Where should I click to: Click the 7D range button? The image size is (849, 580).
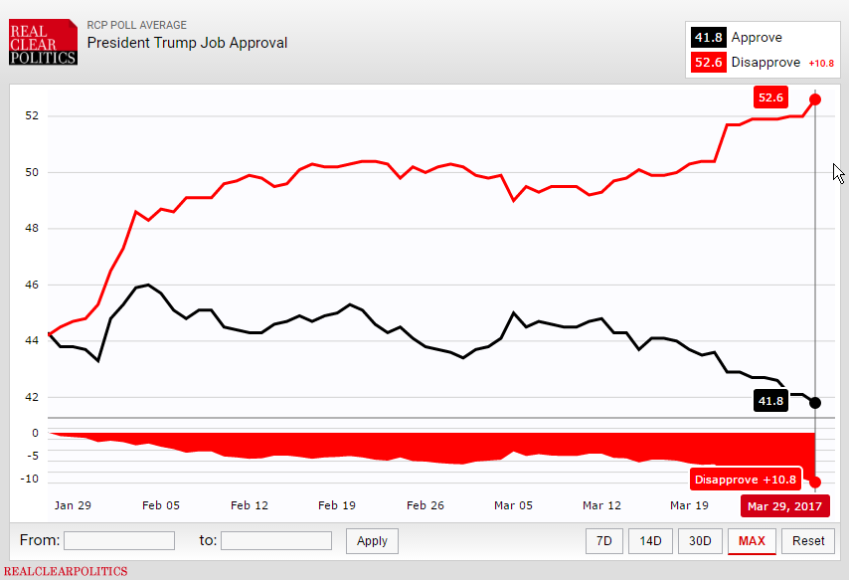[603, 540]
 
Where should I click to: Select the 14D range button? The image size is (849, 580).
[650, 540]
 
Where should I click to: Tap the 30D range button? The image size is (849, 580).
[700, 540]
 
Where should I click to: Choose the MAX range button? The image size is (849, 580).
[753, 540]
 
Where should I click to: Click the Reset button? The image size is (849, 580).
[808, 540]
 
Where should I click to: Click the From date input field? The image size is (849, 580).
[119, 540]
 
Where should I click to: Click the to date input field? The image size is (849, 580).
[276, 540]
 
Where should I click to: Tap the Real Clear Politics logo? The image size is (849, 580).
[43, 43]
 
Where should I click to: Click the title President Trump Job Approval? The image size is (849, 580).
[187, 43]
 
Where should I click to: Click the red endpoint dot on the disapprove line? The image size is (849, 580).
[815, 98]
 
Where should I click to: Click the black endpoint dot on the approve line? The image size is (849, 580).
[815, 402]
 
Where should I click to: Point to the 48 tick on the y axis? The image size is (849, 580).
[33, 229]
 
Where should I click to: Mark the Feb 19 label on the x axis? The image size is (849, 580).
[337, 505]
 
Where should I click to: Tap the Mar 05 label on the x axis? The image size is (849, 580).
[513, 505]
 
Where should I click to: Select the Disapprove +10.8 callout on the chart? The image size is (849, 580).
[746, 480]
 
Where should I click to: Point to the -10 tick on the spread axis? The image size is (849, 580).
[32, 479]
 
